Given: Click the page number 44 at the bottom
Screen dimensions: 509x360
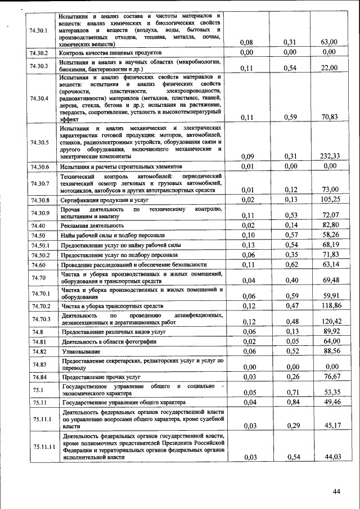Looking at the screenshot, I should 336,491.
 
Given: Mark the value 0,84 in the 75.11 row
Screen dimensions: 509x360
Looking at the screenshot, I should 290,403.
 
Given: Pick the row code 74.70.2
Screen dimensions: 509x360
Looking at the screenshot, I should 40,306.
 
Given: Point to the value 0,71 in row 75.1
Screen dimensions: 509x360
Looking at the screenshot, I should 290,392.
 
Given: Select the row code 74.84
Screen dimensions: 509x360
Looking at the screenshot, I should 38,377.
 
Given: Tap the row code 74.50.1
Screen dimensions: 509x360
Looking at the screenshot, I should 40,245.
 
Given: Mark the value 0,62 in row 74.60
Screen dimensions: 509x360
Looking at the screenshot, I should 290,265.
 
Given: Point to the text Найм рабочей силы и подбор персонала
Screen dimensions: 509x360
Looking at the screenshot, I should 114,235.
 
